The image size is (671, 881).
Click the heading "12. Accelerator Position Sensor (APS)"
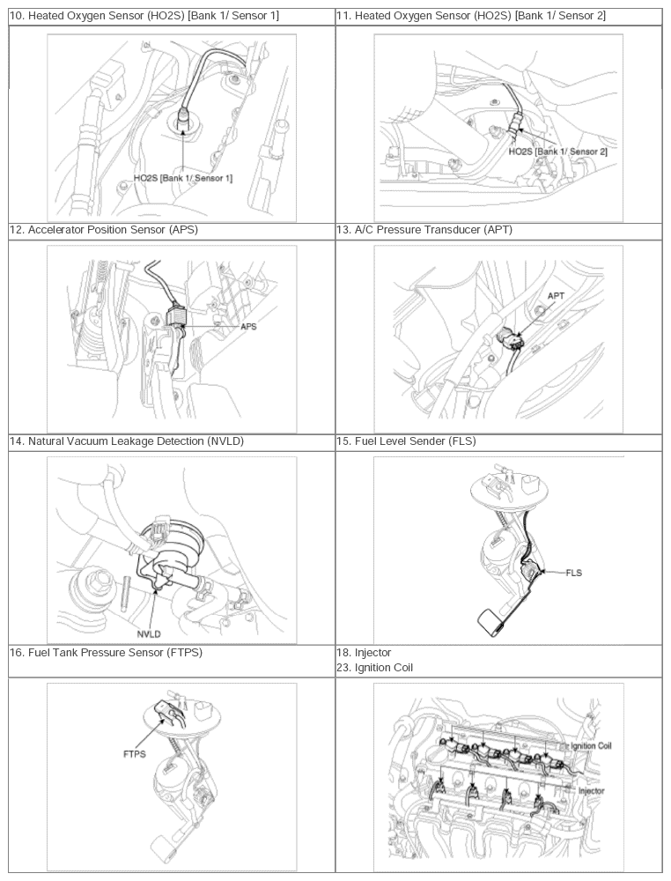[104, 230]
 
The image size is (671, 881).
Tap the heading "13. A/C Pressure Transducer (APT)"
[424, 230]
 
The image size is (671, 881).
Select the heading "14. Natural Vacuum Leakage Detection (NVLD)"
[127, 441]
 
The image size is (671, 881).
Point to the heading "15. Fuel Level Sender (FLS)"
[406, 441]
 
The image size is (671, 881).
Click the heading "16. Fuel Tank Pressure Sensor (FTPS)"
[107, 652]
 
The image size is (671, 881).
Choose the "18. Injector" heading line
[364, 652]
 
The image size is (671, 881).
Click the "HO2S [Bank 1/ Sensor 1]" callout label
[183, 178]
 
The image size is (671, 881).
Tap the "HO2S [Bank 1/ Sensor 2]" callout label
[557, 152]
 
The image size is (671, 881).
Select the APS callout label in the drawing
[248, 327]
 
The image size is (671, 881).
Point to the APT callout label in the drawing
[556, 296]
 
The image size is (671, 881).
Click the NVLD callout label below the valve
[149, 633]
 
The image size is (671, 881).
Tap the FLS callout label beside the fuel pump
[574, 574]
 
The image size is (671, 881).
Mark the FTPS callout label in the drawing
[135, 754]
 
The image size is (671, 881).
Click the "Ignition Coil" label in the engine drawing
[591, 746]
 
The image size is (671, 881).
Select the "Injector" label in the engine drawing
[591, 790]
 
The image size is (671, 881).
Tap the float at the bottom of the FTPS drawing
[164, 847]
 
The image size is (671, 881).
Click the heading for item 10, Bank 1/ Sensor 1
[144, 16]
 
